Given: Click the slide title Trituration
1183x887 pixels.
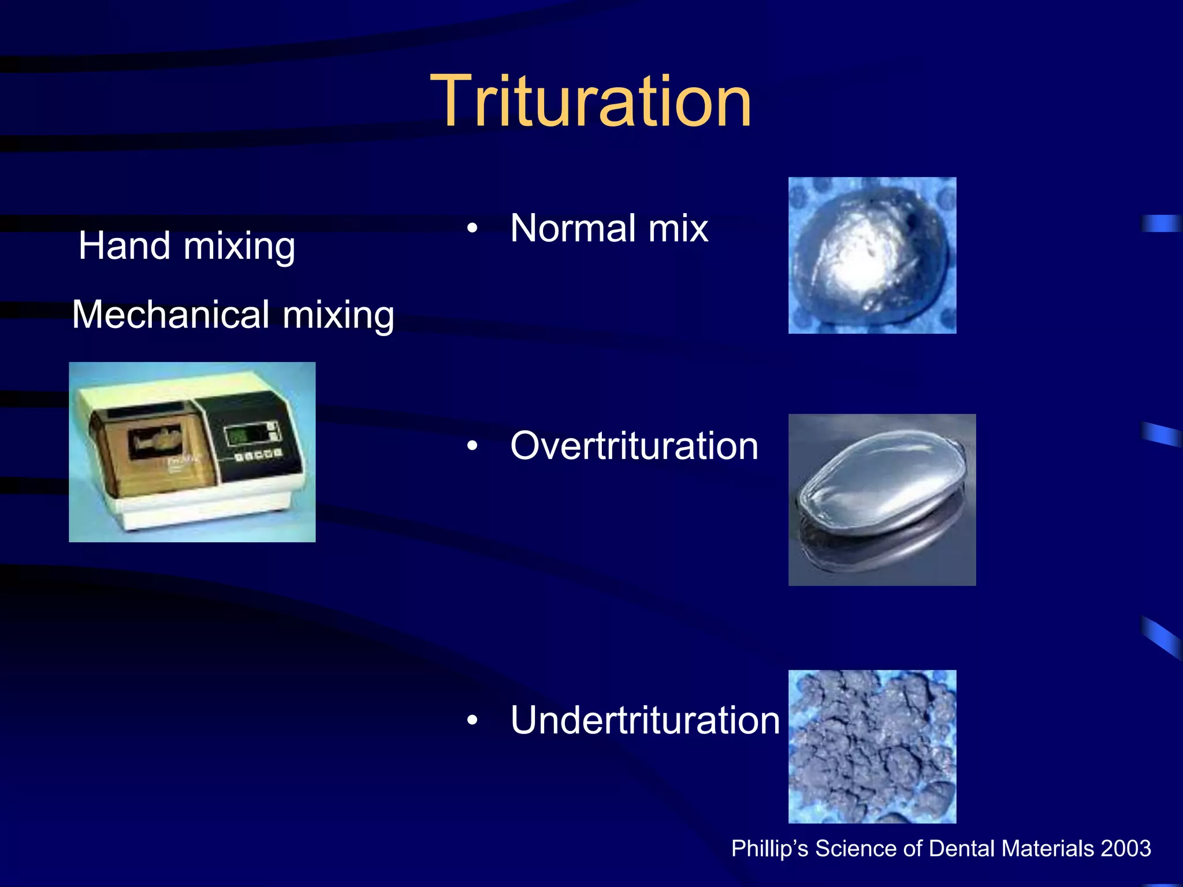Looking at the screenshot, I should [x=591, y=102].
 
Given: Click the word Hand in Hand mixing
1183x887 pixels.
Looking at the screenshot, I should [x=124, y=245].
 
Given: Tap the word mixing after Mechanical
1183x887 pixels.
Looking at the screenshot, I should [x=338, y=316].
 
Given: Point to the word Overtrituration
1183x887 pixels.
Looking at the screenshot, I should [x=634, y=446].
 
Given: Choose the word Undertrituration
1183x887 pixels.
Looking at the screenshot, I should [x=645, y=720].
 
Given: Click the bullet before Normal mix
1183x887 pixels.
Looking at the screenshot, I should [x=473, y=229].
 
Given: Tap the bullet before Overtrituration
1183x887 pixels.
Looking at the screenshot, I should [x=473, y=446].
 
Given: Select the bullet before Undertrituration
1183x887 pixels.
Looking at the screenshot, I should [x=473, y=720].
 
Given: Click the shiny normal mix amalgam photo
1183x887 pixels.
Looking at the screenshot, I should [x=872, y=255].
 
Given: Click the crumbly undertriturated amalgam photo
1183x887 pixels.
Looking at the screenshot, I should [x=872, y=746].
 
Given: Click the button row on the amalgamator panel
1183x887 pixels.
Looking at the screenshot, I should [x=258, y=455].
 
